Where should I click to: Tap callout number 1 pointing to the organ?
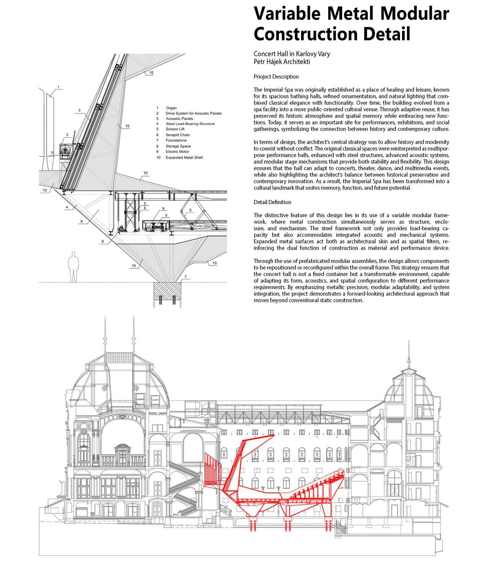[59, 87]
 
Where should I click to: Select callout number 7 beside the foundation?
[185, 277]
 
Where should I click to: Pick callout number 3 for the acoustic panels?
[79, 110]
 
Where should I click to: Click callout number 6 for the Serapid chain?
[145, 208]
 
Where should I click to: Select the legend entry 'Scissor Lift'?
[175, 129]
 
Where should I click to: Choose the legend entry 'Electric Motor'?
[177, 151]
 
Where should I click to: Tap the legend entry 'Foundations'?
[176, 140]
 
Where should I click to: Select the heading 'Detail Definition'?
[272, 202]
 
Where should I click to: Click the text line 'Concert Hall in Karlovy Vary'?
[291, 54]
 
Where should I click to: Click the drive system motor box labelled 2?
[65, 151]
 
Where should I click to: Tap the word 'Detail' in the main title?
[384, 34]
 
